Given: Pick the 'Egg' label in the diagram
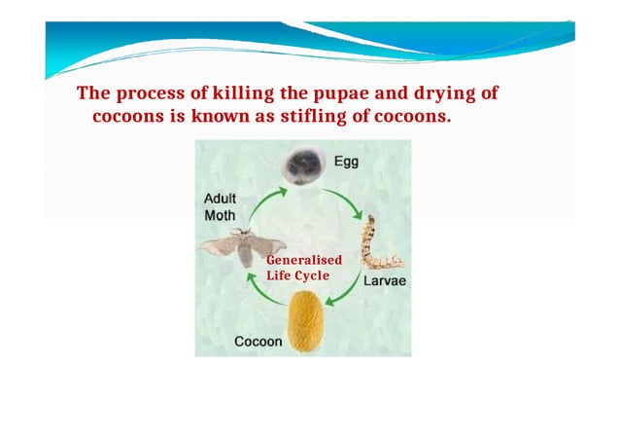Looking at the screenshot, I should pyautogui.click(x=346, y=163).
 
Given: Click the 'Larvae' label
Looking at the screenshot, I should pyautogui.click(x=384, y=281).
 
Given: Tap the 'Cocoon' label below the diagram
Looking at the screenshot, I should pyautogui.click(x=258, y=342).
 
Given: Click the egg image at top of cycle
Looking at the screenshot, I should pyautogui.click(x=301, y=165).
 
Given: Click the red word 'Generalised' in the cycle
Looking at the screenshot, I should pyautogui.click(x=302, y=262).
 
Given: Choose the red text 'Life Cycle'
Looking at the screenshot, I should pyautogui.click(x=297, y=275).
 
